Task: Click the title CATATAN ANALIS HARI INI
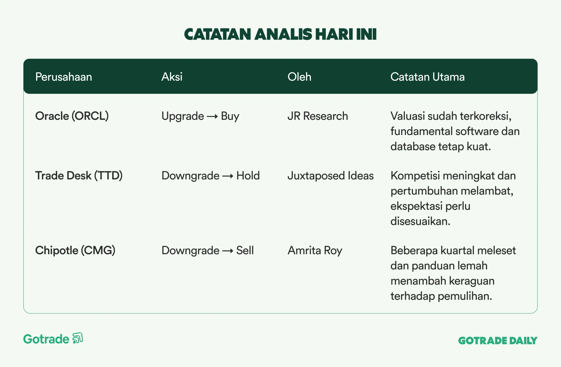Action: [280, 34]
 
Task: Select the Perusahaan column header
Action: [64, 77]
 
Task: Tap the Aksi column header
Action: [172, 77]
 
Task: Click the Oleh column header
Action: [299, 77]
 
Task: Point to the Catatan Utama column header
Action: [427, 77]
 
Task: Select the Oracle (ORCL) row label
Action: [72, 116]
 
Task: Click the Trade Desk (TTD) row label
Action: [79, 176]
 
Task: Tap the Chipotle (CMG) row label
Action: [75, 250]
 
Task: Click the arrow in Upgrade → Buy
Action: [212, 116]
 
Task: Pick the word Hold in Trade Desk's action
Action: [248, 176]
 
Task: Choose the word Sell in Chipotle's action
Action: [245, 250]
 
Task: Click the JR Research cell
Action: [318, 116]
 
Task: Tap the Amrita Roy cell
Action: [315, 251]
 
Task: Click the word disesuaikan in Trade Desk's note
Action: [420, 221]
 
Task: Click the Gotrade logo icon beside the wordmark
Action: [78, 338]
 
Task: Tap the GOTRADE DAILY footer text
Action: [498, 341]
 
